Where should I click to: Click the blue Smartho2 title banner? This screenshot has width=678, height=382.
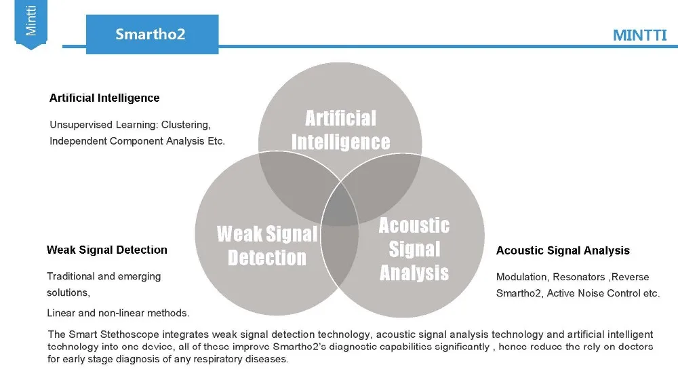point(150,34)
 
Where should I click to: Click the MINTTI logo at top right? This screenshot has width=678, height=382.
point(639,35)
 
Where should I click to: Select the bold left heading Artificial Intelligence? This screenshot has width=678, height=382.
point(104,98)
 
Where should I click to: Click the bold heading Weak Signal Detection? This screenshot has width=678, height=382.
point(107,250)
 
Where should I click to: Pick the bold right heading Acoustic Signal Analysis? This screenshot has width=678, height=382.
point(563,250)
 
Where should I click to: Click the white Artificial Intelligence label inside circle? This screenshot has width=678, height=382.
point(340,130)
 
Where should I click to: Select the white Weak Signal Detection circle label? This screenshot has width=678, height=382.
point(267,246)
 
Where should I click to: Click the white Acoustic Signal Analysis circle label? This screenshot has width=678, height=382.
point(414,248)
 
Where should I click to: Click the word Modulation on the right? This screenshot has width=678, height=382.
point(521,277)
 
